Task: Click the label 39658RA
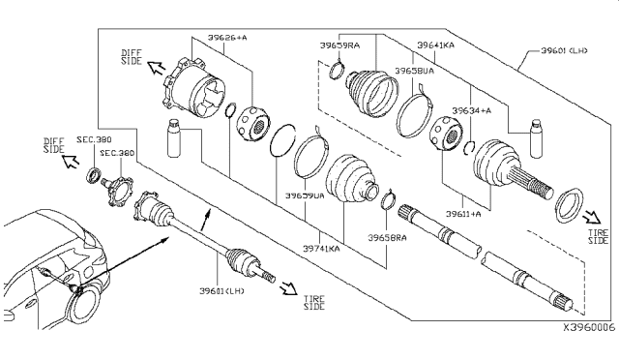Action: pos(387,236)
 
